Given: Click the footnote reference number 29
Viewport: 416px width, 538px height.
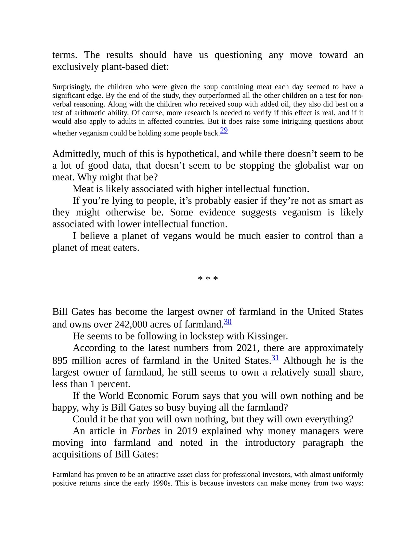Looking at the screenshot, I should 224,131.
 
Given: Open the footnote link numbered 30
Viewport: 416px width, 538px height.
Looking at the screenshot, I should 228,322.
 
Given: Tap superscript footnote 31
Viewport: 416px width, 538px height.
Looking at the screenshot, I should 275,358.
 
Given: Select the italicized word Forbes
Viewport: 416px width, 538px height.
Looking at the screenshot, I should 146,431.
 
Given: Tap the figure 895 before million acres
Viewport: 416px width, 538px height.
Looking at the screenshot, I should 60,361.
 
